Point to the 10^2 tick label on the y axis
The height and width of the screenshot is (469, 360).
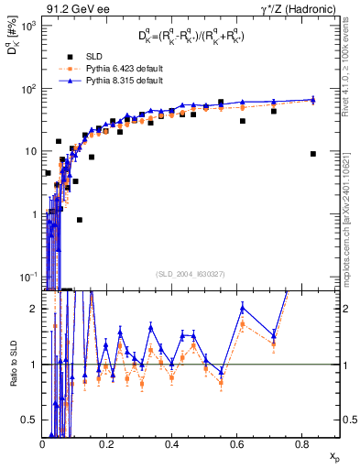pos(27,89)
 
